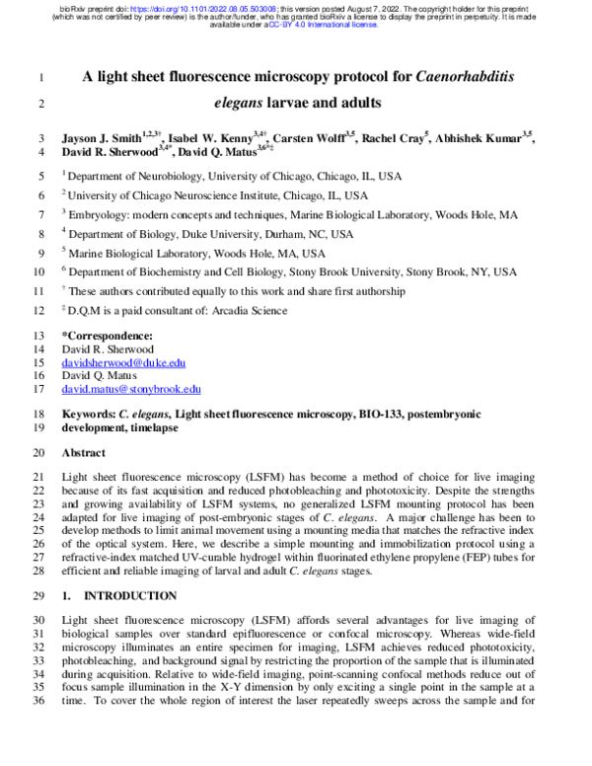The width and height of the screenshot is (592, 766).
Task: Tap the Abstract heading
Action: [x=83, y=453]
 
